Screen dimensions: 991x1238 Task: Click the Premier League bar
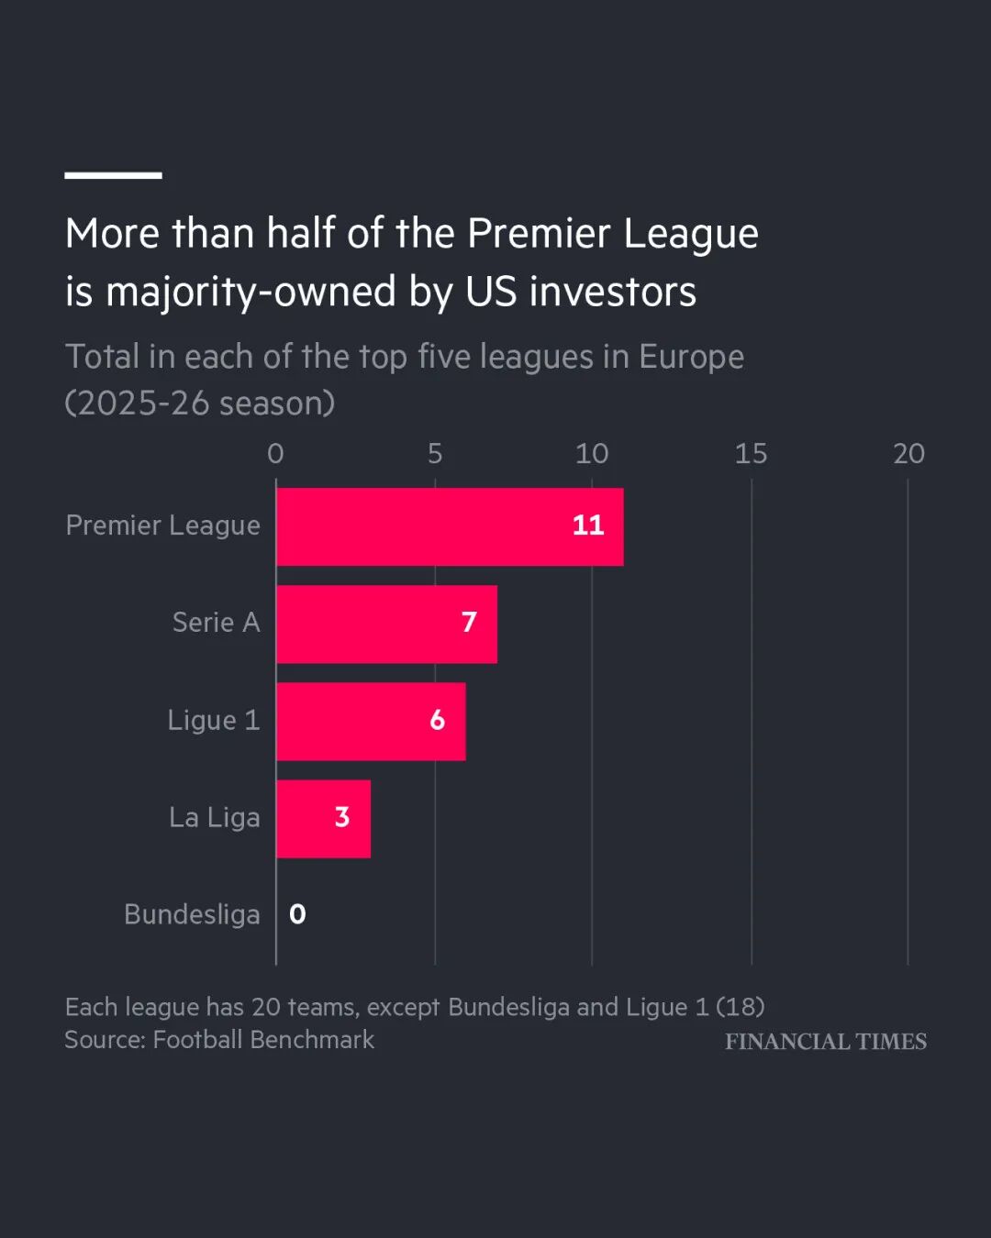450,526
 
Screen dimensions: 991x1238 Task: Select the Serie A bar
387,625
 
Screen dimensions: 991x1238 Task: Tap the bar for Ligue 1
371,722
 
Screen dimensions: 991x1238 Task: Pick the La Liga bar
324,819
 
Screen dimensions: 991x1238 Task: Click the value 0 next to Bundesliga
297,914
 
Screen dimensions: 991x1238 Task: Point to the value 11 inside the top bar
588,525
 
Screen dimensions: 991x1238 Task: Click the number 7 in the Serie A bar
469,622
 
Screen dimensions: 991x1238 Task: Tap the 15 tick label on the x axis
751,454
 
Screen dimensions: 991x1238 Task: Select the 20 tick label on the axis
908,454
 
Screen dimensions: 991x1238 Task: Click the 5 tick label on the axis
435,454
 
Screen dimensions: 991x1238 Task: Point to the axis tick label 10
592,454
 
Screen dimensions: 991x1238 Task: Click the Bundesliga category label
192,914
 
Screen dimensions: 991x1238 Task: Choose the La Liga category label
214,817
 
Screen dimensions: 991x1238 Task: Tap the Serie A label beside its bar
216,623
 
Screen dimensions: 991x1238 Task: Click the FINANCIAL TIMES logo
826,1041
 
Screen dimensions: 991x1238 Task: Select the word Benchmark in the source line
312,1040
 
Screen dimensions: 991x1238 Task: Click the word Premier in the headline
539,234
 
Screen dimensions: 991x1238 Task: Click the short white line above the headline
113,175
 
